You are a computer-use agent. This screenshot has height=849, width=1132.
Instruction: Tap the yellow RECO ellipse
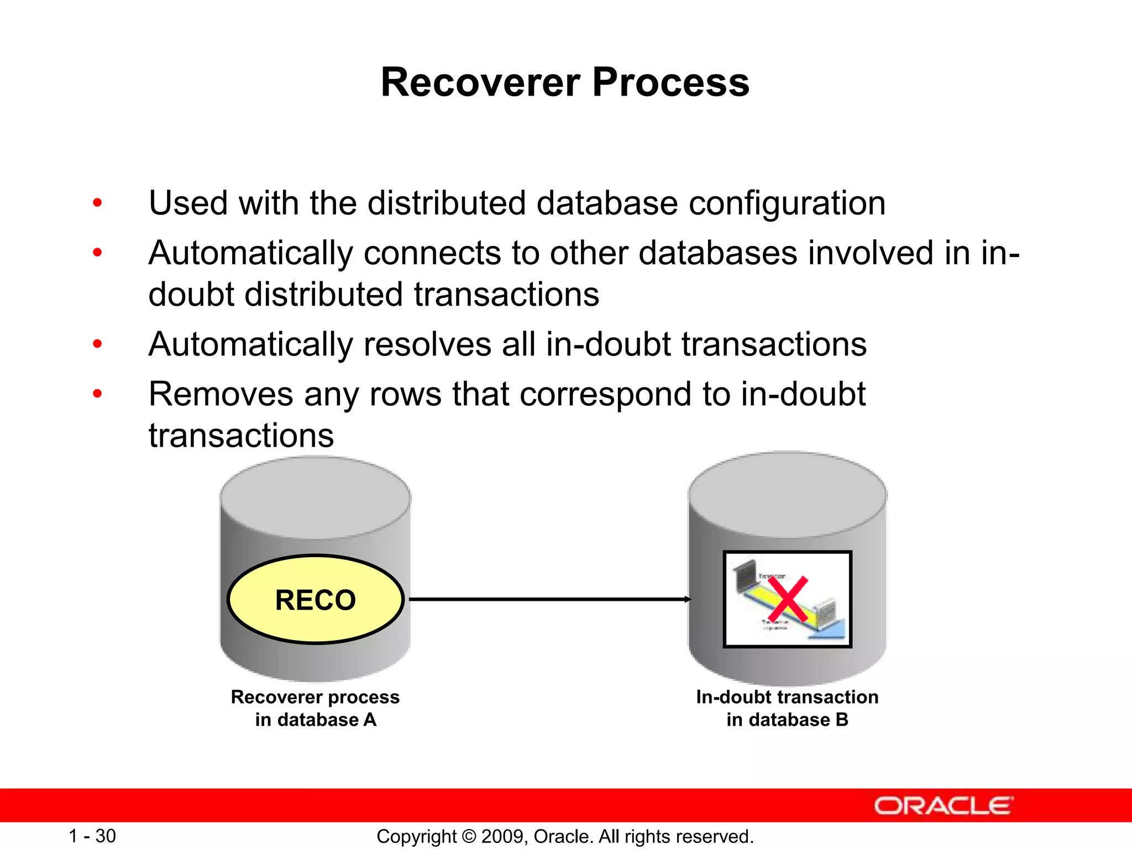(x=316, y=600)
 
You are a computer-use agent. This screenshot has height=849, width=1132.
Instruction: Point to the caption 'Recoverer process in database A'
(x=315, y=708)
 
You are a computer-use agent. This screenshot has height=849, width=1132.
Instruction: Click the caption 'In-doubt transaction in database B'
(x=787, y=708)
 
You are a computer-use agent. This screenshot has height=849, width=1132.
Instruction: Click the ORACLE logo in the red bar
(x=944, y=806)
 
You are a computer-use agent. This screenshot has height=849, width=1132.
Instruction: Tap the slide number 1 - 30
(x=92, y=836)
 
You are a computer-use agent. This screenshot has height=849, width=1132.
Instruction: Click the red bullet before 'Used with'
(x=98, y=203)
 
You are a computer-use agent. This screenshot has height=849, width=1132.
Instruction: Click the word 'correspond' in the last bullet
(x=605, y=395)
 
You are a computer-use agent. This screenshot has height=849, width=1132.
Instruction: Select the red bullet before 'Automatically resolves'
(x=98, y=344)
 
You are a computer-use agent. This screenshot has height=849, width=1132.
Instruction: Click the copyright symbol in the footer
(x=469, y=836)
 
